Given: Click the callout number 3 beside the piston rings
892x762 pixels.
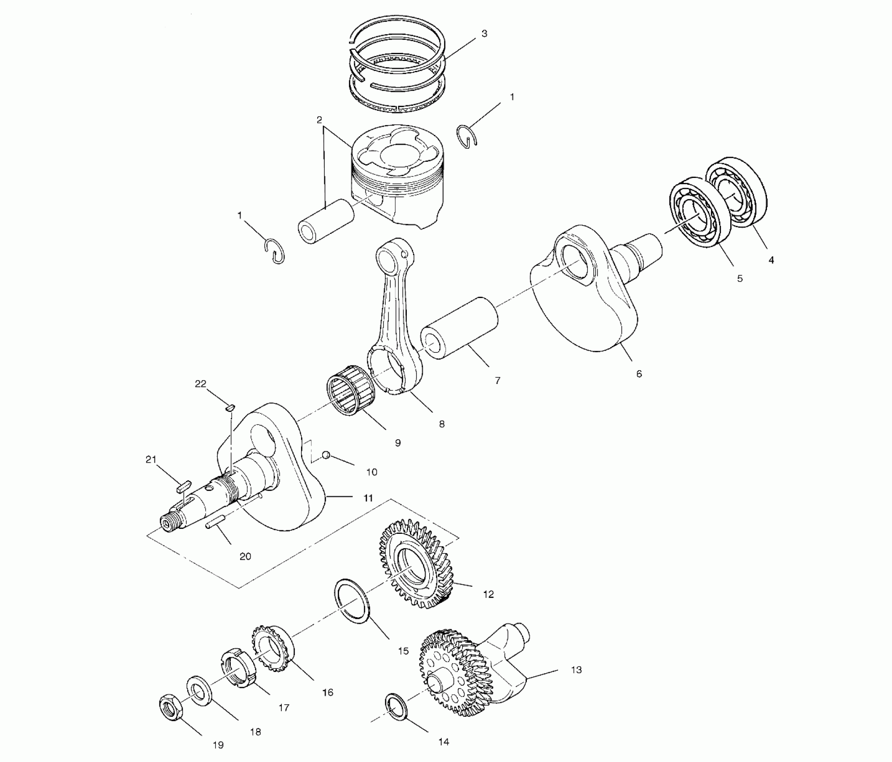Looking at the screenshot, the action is point(484,34).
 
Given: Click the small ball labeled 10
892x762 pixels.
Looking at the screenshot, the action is point(326,455).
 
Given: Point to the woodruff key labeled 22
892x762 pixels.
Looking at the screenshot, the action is point(230,407).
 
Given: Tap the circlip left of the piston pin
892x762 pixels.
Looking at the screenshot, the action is point(274,251).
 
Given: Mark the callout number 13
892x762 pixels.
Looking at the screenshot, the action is point(576,670).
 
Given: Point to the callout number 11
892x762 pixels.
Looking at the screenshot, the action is point(368,498).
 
